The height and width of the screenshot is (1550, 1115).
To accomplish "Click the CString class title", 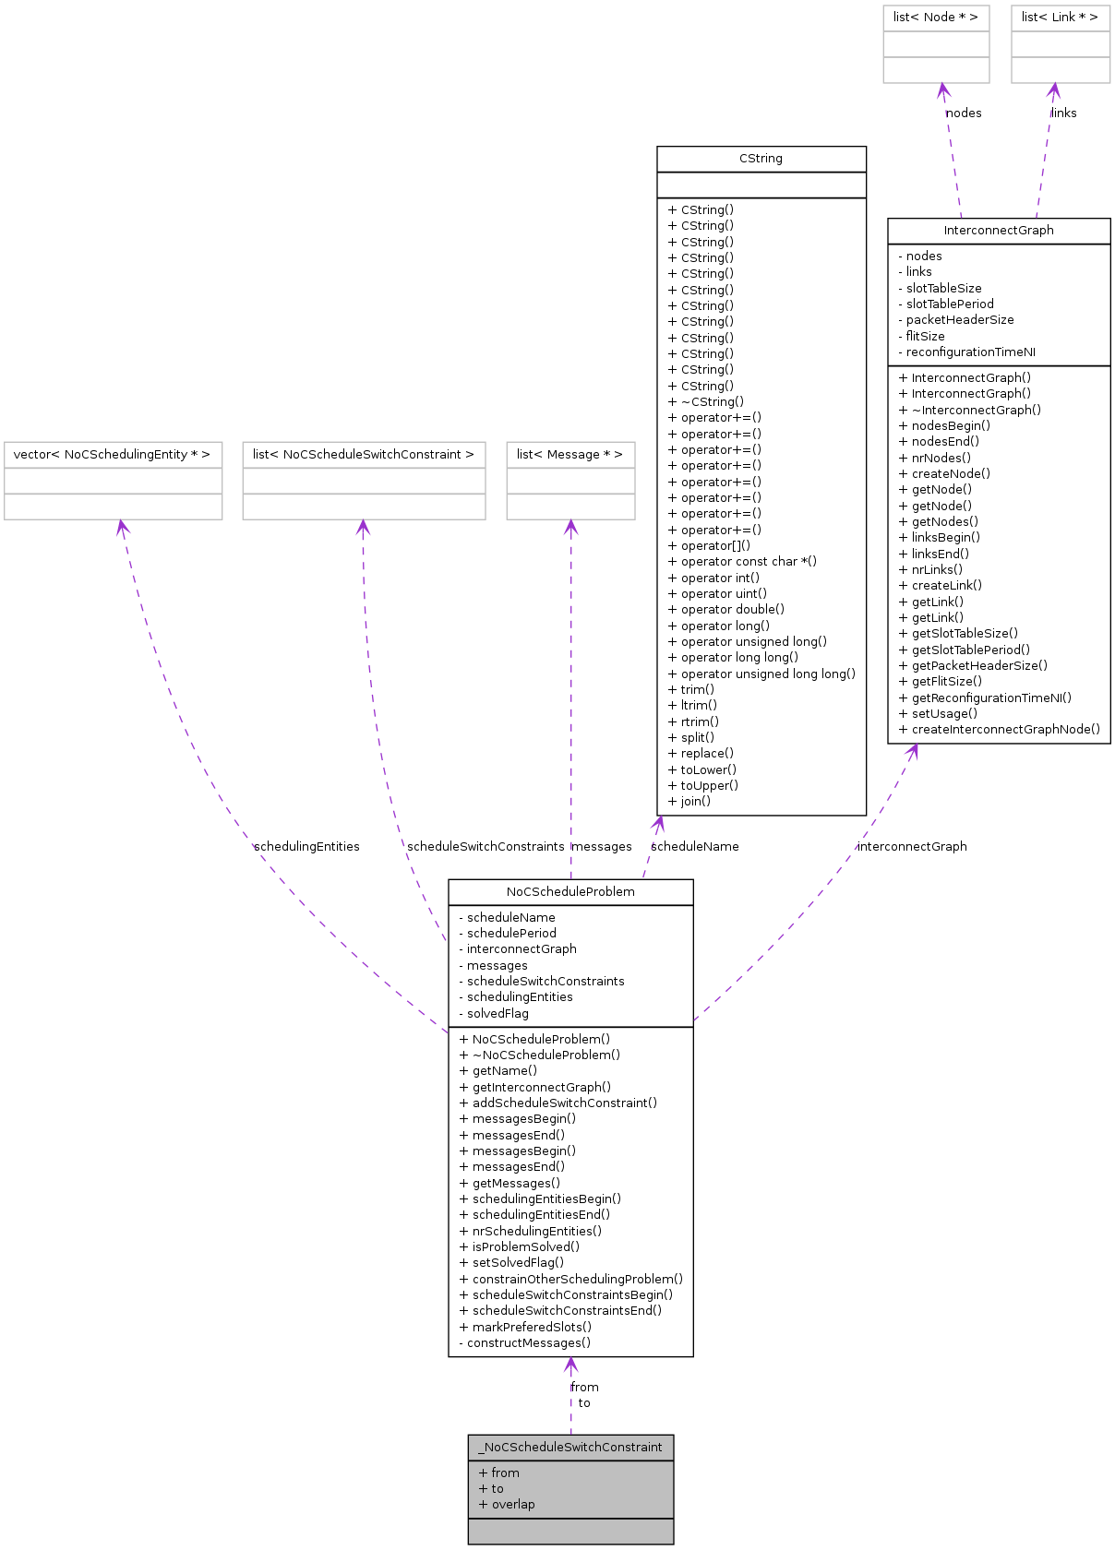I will point(761,159).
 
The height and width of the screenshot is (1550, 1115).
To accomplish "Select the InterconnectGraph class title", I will point(998,231).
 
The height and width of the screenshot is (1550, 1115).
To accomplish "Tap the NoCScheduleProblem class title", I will point(570,892).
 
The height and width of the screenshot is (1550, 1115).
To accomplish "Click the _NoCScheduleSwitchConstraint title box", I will point(570,1448).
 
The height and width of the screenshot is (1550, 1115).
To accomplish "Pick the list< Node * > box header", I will point(935,18).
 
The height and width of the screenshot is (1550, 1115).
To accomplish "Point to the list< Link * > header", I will point(1060,18).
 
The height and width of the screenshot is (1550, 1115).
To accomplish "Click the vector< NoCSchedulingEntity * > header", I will point(112,455).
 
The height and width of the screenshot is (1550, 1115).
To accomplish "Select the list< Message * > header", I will point(569,455).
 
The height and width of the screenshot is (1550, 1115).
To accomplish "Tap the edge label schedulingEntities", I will point(306,847).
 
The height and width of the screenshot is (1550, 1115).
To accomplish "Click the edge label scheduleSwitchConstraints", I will point(486,847).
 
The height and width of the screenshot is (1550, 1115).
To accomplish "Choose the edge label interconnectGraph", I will point(912,847).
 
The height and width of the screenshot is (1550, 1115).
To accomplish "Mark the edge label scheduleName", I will point(694,847).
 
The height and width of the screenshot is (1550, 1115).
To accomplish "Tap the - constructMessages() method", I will point(524,1343).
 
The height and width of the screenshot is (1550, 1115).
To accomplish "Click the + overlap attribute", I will point(507,1505).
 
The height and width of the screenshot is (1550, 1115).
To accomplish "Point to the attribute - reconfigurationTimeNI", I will point(966,352).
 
